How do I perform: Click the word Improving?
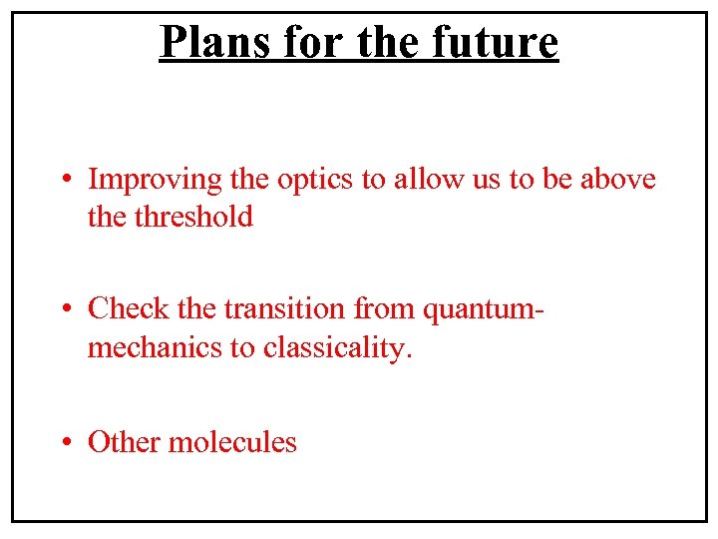[155, 181]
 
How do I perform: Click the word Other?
[124, 441]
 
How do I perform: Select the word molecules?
[232, 441]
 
